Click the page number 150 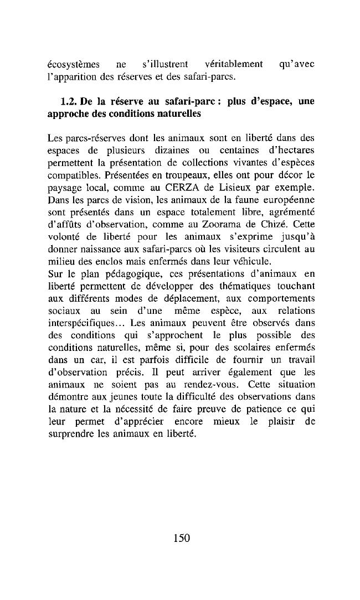[181, 537]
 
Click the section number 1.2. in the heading [69, 102]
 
